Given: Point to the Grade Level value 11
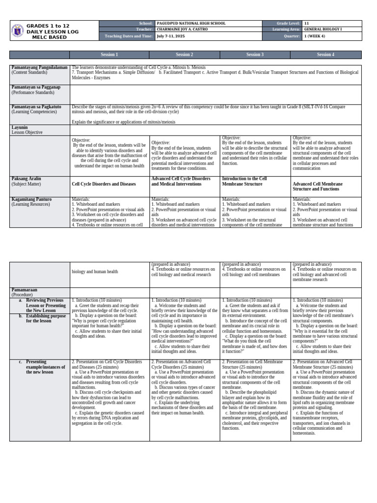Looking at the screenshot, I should tap(306, 24).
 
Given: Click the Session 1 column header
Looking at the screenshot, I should tap(109, 55).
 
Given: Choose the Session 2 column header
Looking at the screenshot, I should tap(185, 55).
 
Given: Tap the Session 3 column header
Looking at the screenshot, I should tap(255, 55).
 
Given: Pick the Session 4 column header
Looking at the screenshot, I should tap(325, 55).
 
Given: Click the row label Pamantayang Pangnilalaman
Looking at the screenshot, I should tap(39, 67).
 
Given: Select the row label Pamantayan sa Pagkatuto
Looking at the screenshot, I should tap(36, 107).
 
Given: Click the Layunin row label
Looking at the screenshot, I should tap(20, 127).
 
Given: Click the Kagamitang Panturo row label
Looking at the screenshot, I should tap(30, 199).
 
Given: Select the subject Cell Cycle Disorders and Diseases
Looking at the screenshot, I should tap(103, 184).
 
